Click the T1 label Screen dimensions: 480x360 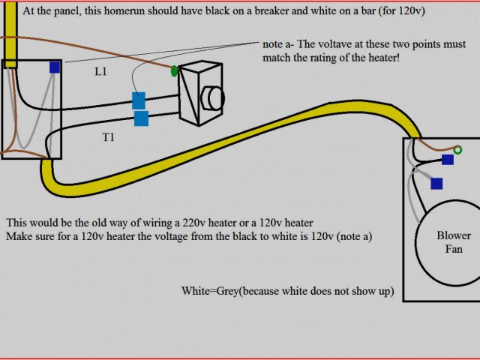[108, 136]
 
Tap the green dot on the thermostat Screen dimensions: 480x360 [175, 72]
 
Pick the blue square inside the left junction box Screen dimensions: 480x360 [55, 67]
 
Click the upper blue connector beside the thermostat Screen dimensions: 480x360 [139, 100]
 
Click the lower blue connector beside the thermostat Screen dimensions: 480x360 [141, 118]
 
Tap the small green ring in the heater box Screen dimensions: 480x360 [456, 150]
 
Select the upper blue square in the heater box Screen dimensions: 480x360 [448, 160]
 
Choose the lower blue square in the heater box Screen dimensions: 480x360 [436, 183]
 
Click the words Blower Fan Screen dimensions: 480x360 [454, 241]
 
